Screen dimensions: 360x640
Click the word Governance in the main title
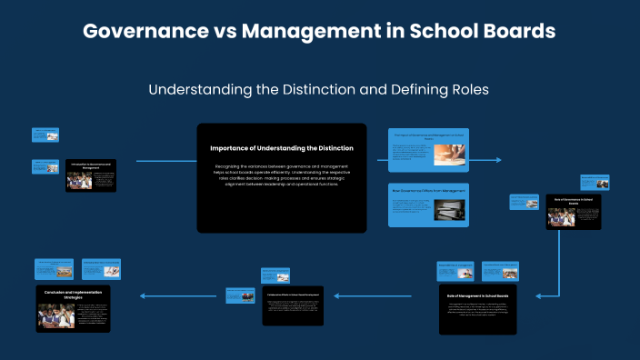pos(145,31)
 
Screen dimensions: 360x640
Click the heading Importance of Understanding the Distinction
pos(282,147)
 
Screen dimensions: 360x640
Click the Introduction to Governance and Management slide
pos(91,175)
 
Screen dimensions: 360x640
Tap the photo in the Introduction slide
pos(79,182)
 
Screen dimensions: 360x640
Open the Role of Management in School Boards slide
pos(478,310)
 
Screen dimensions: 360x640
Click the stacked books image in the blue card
pos(447,210)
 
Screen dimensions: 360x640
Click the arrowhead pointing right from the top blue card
pos(498,160)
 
